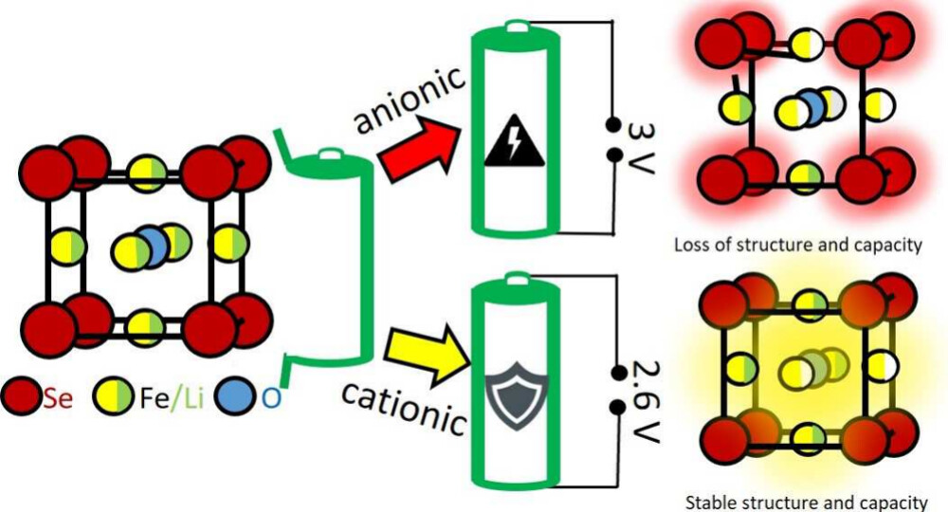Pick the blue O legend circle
[240, 396]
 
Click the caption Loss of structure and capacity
[797, 245]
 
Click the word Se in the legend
[58, 397]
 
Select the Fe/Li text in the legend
[171, 397]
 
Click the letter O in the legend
[272, 397]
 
